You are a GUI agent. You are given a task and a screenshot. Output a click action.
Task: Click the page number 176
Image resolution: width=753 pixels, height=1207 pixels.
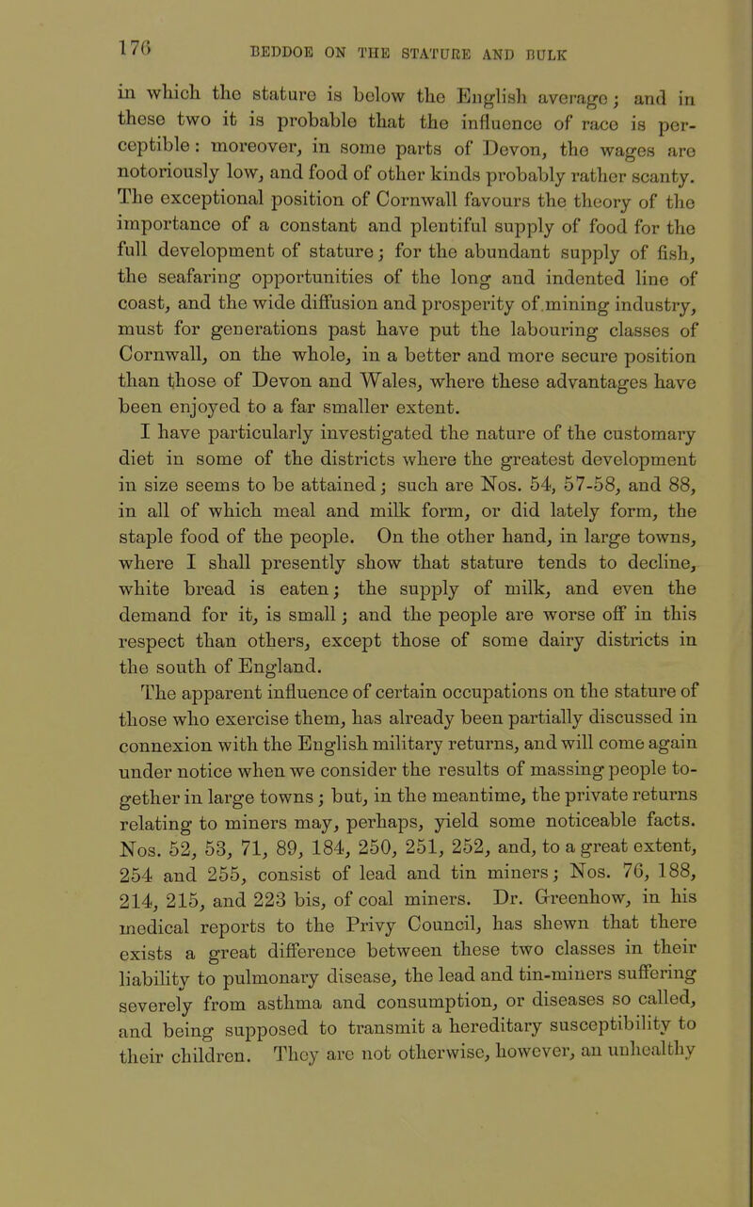[x=59, y=20]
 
